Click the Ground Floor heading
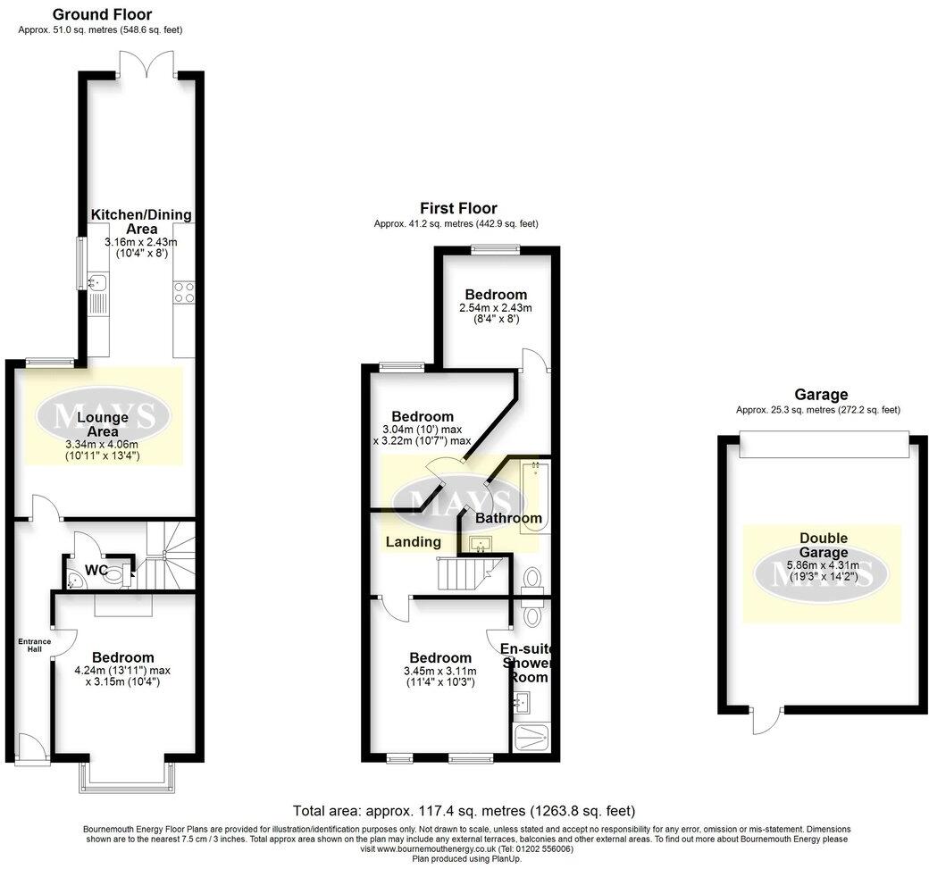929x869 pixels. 101,14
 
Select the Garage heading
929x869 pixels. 818,394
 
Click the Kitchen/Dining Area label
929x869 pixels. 140,221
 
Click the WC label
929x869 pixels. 96,569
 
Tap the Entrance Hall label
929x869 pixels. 35,646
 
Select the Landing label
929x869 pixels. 413,541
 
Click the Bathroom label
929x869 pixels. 507,518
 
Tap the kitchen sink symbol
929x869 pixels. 97,284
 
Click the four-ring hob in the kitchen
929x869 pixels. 184,292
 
